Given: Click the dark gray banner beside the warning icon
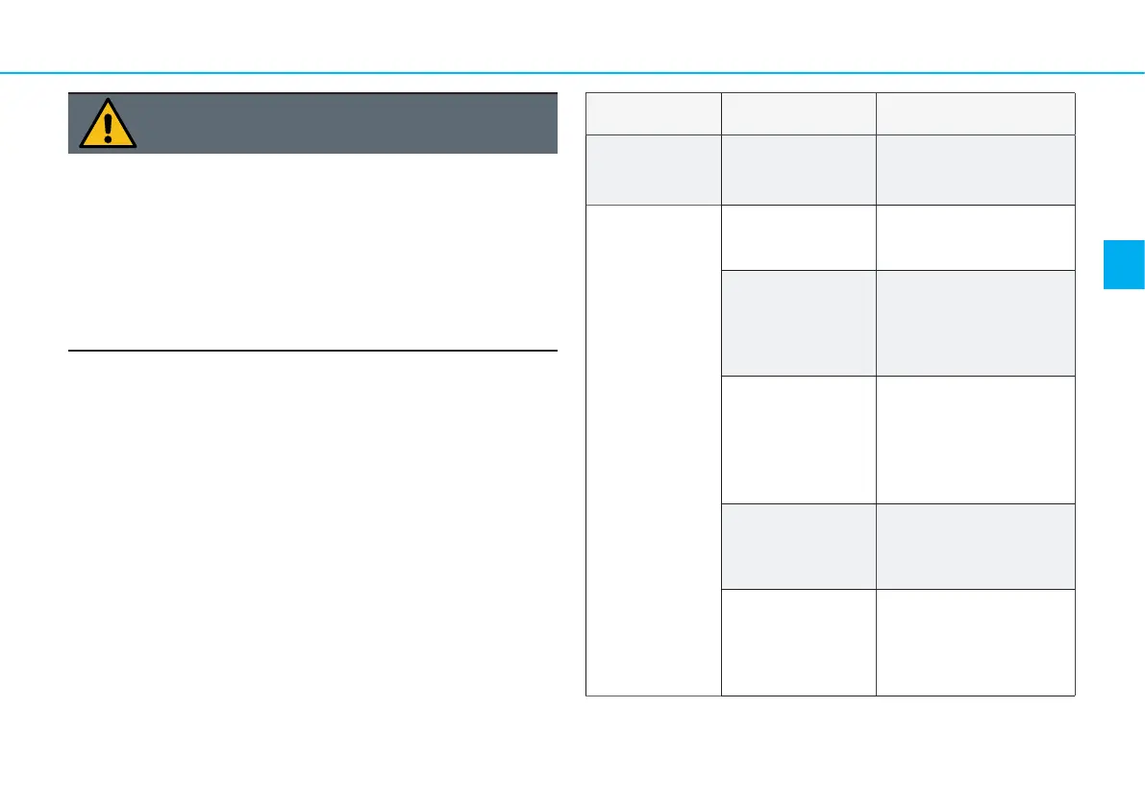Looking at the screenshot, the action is click(346, 123).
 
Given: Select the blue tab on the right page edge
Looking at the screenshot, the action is click(1124, 251).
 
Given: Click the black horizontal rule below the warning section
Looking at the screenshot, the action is click(312, 352).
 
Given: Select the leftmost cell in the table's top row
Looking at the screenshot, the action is click(653, 113).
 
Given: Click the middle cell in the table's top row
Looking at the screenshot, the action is click(798, 113).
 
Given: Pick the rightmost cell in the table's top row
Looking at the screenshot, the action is click(975, 113).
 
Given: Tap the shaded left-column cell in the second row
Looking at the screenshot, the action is click(653, 169).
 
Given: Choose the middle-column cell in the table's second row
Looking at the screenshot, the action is click(798, 169).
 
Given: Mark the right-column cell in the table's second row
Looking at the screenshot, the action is click(975, 169).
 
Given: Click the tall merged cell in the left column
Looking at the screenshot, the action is click(653, 450).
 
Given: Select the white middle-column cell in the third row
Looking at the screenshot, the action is click(798, 237).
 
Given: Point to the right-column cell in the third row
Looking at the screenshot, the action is click(975, 237).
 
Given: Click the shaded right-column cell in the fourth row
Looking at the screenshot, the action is click(975, 322).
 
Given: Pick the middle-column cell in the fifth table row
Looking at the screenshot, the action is click(798, 439).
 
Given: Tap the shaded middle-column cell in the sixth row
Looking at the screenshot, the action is click(798, 546).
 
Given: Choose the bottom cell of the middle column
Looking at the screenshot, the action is click(798, 642).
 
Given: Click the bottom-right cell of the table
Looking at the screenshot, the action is click(975, 642).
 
